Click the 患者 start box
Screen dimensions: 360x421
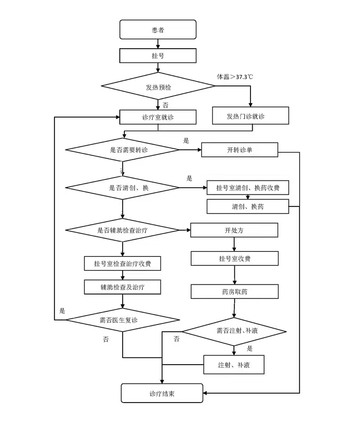158,30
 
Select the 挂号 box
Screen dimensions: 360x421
158,55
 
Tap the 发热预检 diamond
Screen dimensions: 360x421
158,86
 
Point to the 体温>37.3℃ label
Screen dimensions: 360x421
235,77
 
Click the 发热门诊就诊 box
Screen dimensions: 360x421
251,116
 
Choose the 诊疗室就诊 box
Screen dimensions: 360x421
158,117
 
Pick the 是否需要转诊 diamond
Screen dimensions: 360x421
123,150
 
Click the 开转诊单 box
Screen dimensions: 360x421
239,150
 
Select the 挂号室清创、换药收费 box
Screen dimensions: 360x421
248,188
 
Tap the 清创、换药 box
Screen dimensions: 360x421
248,206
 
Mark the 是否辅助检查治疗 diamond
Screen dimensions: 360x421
123,230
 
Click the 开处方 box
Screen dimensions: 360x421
234,230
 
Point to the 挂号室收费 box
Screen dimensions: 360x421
235,259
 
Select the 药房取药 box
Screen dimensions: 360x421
235,292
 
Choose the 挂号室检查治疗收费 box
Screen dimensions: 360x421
123,263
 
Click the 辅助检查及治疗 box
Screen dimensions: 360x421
123,287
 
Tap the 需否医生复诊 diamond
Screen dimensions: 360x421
123,320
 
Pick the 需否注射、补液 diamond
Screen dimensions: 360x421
234,332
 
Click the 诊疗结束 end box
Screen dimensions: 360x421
162,393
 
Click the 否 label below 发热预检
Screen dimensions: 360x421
165,105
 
